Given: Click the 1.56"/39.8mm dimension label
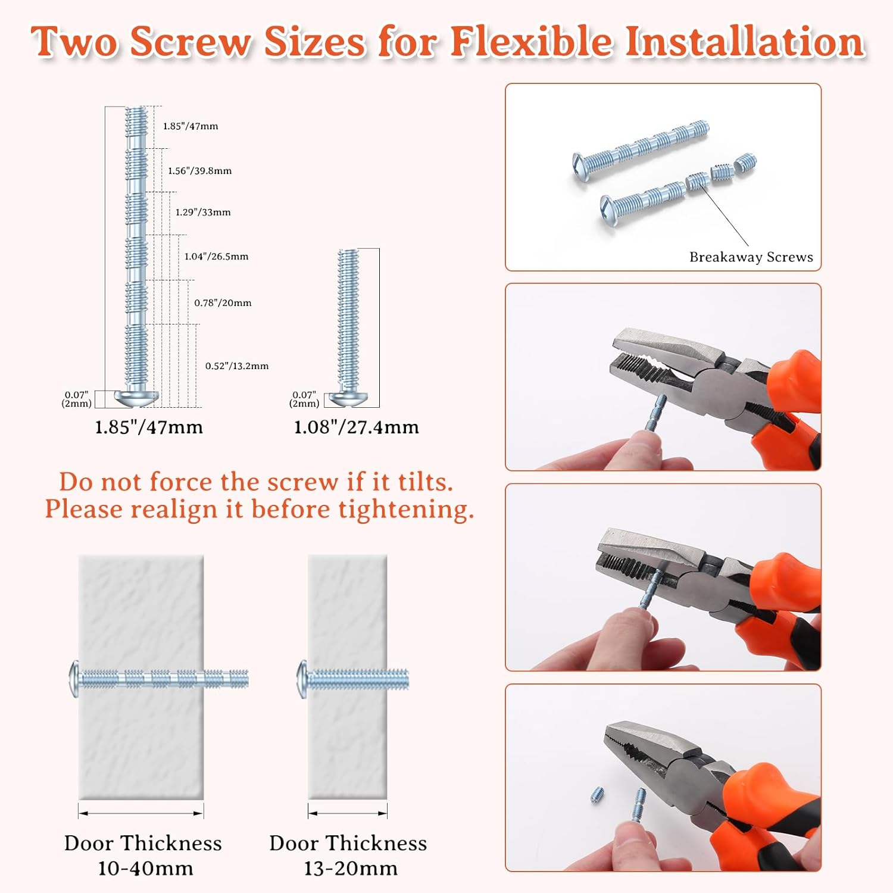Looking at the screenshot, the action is tap(199, 171).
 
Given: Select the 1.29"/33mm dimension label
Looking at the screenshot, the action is tap(203, 212).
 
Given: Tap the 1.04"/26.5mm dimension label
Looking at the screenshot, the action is tap(216, 257).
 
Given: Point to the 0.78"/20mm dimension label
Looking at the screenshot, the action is tap(223, 303).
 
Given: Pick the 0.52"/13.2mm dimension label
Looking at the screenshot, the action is tap(237, 366).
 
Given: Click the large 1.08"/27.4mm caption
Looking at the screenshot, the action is tap(357, 427).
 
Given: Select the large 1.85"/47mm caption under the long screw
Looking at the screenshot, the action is tap(149, 427).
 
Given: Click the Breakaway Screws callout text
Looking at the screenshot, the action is tap(751, 257).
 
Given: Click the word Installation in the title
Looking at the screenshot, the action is tap(744, 42).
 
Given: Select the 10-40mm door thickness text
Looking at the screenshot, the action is tap(145, 869).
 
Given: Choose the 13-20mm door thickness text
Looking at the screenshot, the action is tap(351, 869).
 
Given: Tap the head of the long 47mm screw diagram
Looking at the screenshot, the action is tap(137, 399).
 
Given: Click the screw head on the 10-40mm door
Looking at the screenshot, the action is tap(74, 679).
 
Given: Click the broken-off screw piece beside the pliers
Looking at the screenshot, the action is tap(598, 794).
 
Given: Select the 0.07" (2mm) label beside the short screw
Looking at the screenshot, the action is tap(304, 399).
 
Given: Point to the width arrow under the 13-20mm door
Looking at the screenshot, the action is tap(348, 813).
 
